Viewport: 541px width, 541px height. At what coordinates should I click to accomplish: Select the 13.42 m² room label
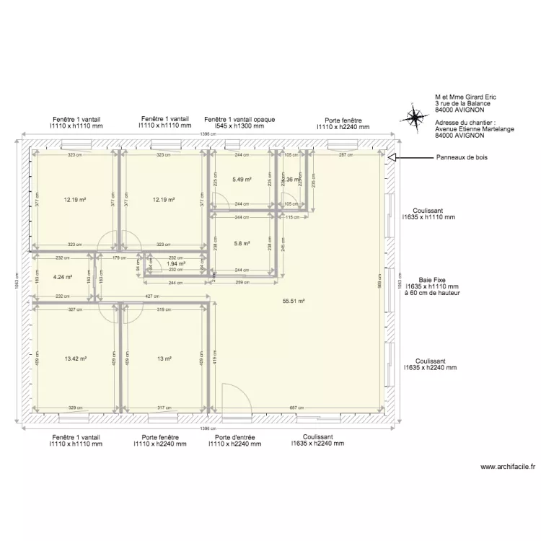[75, 359]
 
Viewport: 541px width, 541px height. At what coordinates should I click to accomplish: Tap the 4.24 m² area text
[63, 276]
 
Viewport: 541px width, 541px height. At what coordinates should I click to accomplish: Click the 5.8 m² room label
[242, 244]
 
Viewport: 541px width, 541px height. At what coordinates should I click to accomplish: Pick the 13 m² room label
[164, 359]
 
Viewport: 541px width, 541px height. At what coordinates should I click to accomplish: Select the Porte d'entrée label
[234, 437]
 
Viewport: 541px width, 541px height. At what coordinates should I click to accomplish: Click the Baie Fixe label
[431, 279]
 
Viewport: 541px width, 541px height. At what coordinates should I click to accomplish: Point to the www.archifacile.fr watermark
[508, 467]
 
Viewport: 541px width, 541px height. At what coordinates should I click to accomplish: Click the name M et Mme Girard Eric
[465, 97]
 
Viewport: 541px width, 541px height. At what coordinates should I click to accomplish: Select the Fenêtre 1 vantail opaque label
[239, 120]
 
